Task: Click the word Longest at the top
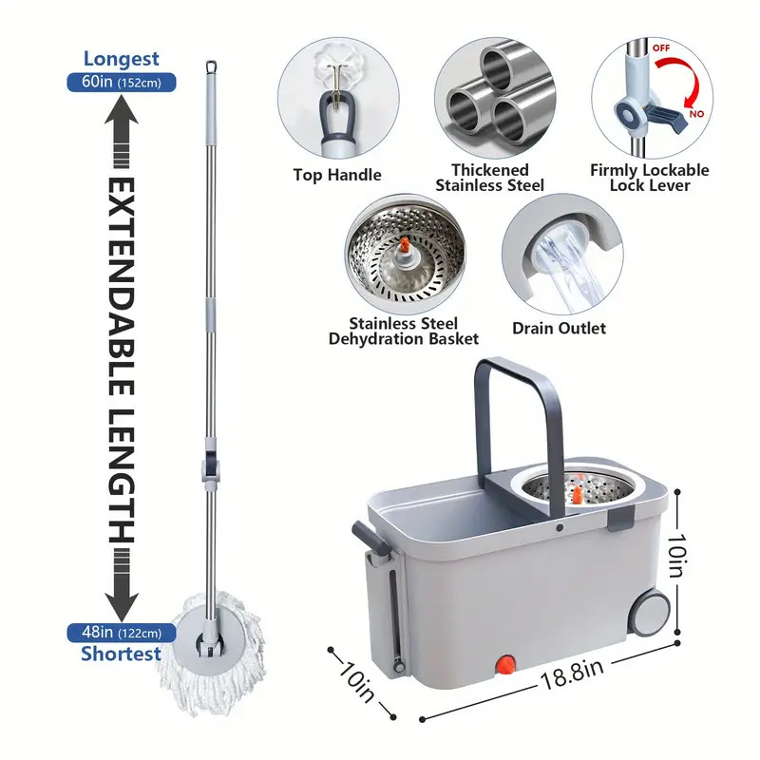(x=120, y=59)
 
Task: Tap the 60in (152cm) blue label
(x=121, y=82)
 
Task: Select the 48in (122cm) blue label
(x=121, y=632)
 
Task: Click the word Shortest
(x=120, y=654)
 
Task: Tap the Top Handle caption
(x=338, y=175)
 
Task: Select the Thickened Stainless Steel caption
(x=490, y=178)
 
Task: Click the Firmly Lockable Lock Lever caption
(x=650, y=178)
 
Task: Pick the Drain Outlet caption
(x=559, y=329)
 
